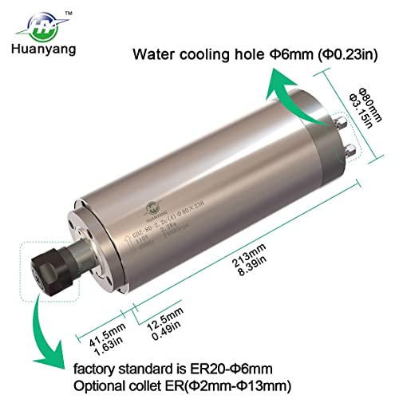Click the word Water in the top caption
click(156, 54)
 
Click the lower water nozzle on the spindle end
click(352, 148)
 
